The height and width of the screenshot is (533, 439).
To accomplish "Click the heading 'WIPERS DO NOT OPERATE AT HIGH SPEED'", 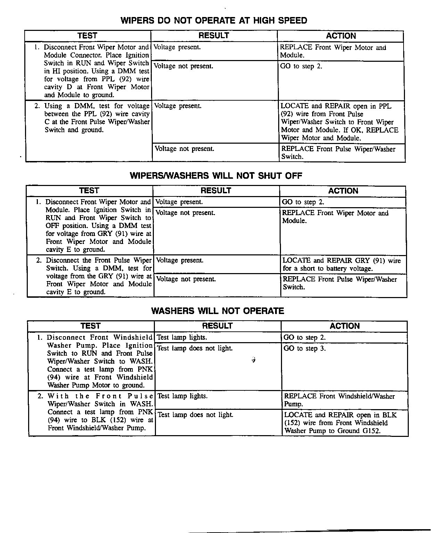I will pyautogui.click(x=214, y=20).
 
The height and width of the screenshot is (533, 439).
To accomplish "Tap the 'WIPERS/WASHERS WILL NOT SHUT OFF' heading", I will pyautogui.click(x=216, y=176).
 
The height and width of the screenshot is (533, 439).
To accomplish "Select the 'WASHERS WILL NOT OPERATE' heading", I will pyautogui.click(x=217, y=311).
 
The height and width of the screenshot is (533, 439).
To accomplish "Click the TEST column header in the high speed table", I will pyautogui.click(x=88, y=36).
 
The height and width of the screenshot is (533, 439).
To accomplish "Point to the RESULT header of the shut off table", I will pyautogui.click(x=216, y=191).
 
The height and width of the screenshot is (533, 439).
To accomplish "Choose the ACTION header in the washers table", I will pyautogui.click(x=345, y=326).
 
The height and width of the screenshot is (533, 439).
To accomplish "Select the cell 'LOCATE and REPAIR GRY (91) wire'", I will pyautogui.click(x=341, y=264).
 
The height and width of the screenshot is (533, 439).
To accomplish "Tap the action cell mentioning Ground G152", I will pyautogui.click(x=340, y=423).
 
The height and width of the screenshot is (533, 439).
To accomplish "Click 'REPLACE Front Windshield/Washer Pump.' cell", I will pyautogui.click(x=339, y=400).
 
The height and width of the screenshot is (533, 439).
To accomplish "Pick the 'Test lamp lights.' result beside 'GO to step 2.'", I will pyautogui.click(x=182, y=337).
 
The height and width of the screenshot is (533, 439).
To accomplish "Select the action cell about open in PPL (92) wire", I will pyautogui.click(x=339, y=122).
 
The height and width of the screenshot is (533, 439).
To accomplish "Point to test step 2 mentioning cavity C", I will pyautogui.click(x=97, y=118).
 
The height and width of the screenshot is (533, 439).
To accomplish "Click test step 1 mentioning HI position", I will pyautogui.click(x=97, y=71).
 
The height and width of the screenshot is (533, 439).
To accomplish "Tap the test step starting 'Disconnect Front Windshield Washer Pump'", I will pyautogui.click(x=100, y=361).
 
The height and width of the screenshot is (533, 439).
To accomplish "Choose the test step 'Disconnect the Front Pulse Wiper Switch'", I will pyautogui.click(x=99, y=276).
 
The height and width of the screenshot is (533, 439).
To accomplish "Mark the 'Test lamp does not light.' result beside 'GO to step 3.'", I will pyautogui.click(x=195, y=348).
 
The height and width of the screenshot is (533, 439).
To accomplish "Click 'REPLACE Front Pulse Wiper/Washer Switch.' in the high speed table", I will pyautogui.click(x=338, y=153).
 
